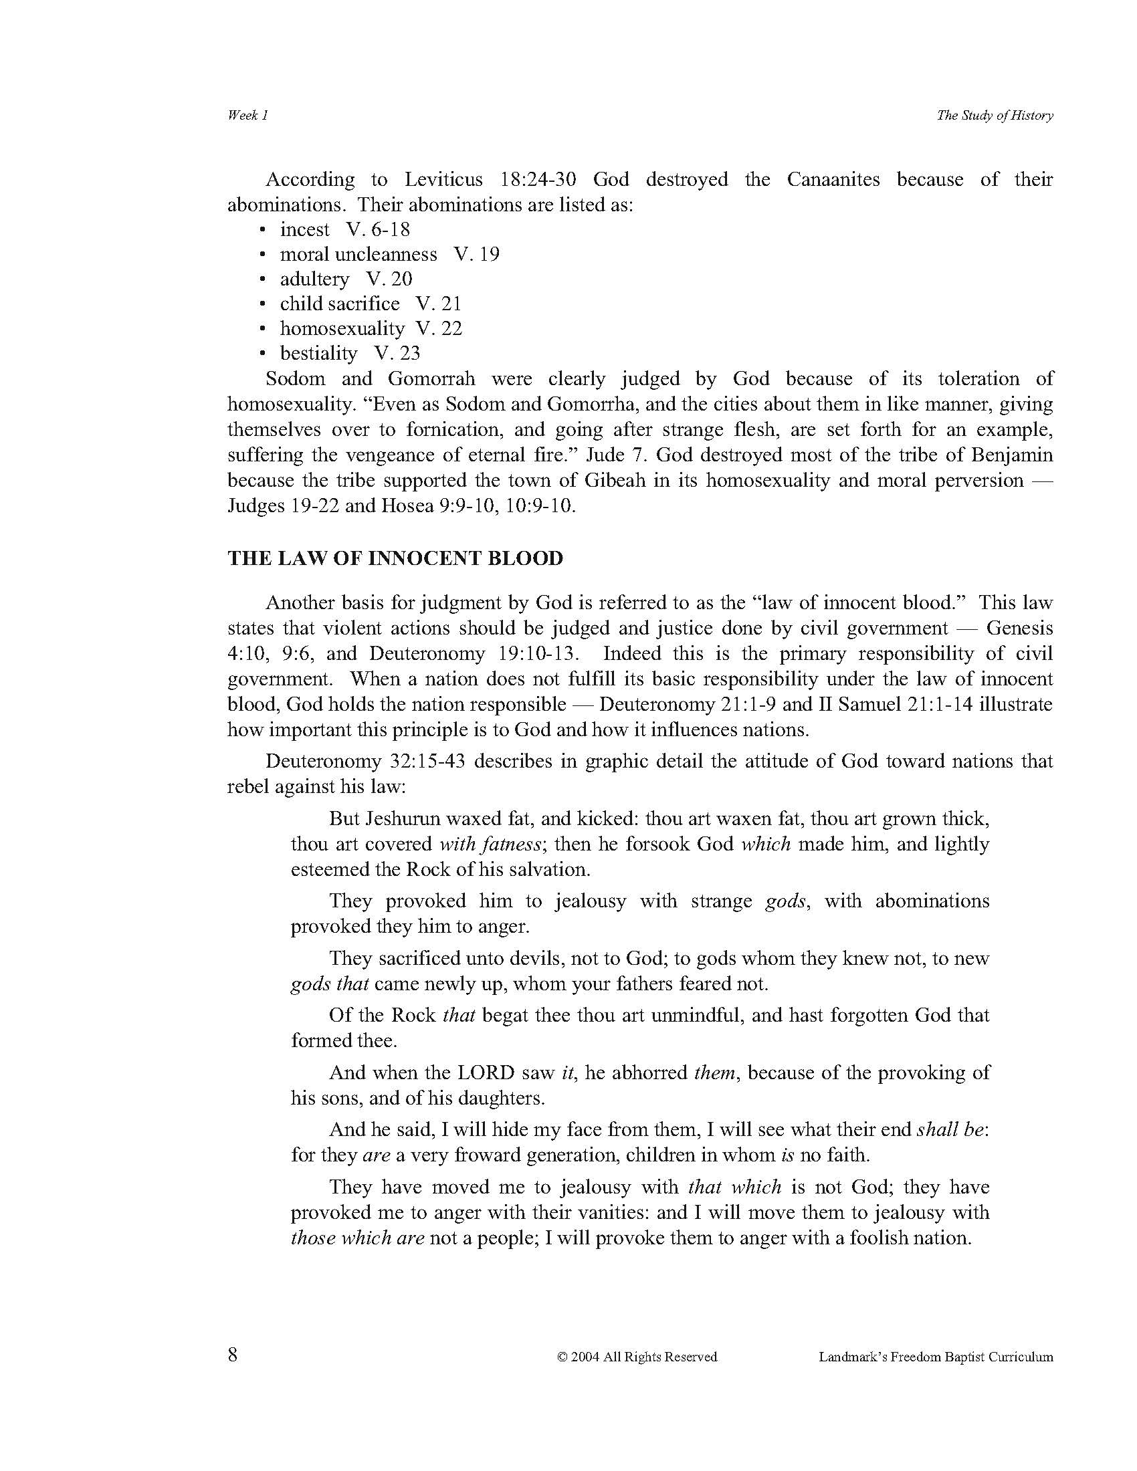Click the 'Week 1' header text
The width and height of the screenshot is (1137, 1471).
point(248,115)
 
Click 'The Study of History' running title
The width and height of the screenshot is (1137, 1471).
point(994,115)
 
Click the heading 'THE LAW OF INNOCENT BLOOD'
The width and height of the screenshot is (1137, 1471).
point(395,558)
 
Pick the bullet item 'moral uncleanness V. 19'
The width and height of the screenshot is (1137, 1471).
point(389,255)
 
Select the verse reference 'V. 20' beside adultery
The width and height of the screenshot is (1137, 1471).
point(389,279)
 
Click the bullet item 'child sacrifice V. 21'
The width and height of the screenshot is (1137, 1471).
point(371,304)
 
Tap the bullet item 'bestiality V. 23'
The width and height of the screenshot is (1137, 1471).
point(350,353)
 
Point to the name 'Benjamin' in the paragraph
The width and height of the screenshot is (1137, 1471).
point(1011,455)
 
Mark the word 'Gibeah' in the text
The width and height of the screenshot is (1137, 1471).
point(617,480)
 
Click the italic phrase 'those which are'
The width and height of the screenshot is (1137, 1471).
point(357,1238)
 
